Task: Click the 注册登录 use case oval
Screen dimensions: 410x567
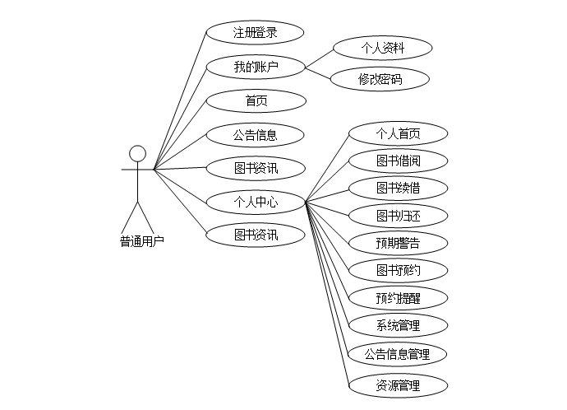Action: pos(255,33)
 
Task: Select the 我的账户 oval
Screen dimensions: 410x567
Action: pos(255,67)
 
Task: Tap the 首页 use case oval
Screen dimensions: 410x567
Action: pos(255,101)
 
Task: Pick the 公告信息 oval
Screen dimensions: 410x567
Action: pos(255,134)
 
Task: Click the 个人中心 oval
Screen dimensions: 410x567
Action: pos(255,201)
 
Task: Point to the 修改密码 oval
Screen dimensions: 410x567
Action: pos(380,79)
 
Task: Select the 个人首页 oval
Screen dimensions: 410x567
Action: pos(399,133)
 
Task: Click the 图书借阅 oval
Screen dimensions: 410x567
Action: pos(399,160)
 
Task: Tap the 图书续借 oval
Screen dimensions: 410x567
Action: pos(399,188)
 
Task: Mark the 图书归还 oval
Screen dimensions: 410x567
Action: pos(399,216)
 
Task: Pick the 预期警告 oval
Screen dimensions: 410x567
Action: pos(399,243)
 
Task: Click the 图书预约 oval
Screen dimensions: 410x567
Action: pos(399,270)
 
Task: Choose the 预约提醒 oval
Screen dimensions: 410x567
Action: pos(399,298)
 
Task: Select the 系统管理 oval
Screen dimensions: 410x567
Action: pos(399,325)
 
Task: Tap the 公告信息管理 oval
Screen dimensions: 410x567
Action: pos(399,355)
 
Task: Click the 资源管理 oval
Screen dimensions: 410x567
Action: pos(399,384)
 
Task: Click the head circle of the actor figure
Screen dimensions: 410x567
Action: pos(138,153)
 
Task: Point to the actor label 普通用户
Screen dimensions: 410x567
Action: pos(141,241)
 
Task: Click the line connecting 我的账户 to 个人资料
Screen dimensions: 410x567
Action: pos(319,58)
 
